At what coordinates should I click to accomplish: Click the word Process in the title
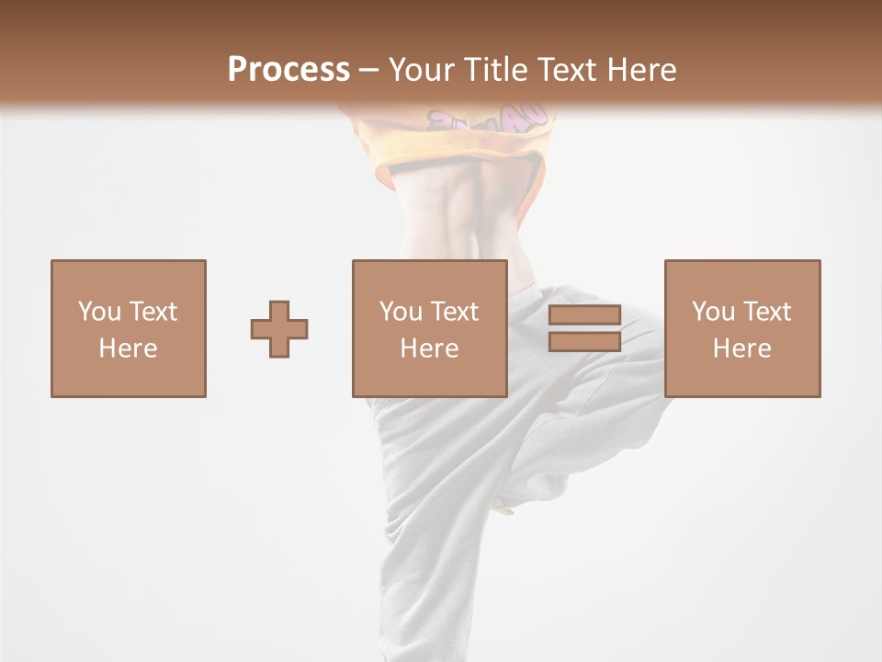(x=288, y=70)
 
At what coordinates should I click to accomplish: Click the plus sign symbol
(x=279, y=329)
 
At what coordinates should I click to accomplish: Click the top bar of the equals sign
(x=584, y=315)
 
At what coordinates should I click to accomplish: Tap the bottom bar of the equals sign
(x=584, y=341)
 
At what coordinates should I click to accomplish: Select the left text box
(x=128, y=328)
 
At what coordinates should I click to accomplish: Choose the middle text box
(x=429, y=328)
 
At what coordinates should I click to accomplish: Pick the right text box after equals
(x=741, y=328)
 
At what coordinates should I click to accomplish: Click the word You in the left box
(x=99, y=312)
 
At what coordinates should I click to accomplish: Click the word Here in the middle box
(x=429, y=348)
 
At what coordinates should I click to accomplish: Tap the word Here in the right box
(x=741, y=348)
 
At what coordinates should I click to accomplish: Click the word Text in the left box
(x=152, y=312)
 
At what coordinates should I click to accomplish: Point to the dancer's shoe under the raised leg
(x=504, y=505)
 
